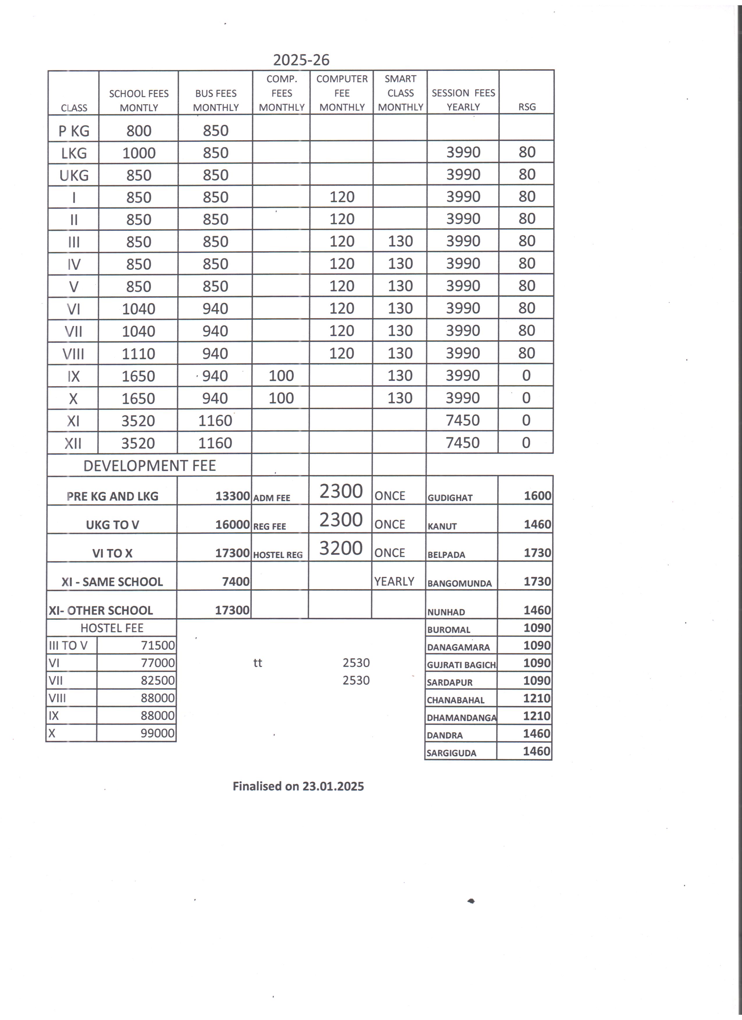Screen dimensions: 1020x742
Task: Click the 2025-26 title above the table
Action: click(x=301, y=60)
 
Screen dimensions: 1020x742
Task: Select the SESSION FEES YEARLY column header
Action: click(x=463, y=100)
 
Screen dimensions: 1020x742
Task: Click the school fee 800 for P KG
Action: click(x=139, y=131)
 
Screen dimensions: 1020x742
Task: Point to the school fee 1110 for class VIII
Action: click(x=138, y=354)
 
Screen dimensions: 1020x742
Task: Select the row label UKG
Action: click(x=74, y=175)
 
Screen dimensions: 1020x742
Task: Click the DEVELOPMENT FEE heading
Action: click(x=149, y=466)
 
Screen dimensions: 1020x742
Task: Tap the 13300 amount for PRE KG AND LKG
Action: click(x=232, y=496)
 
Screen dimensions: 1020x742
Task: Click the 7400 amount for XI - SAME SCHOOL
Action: click(x=236, y=582)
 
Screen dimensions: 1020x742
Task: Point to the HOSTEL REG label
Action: click(x=278, y=555)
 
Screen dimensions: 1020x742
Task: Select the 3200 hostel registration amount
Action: click(x=341, y=548)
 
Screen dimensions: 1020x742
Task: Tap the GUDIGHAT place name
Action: click(x=450, y=498)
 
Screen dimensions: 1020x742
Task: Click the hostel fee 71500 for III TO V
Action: click(x=157, y=645)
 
